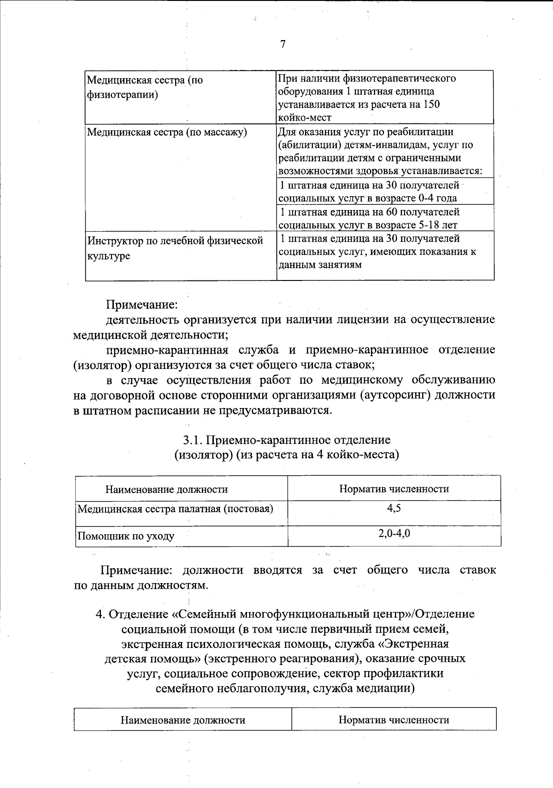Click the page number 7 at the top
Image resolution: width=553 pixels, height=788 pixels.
click(x=282, y=44)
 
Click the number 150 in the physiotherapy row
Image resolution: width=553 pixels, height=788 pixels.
click(x=431, y=104)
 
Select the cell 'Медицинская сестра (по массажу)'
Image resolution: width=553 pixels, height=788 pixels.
click(x=167, y=133)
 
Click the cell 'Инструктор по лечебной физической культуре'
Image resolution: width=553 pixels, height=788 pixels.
click(x=175, y=248)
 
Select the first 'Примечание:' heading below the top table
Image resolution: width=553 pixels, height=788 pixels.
click(x=142, y=304)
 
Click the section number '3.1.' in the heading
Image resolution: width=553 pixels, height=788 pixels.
click(x=193, y=440)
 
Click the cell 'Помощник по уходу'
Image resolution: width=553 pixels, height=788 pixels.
click(x=126, y=536)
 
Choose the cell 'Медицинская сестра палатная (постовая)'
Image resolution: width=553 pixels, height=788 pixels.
click(x=175, y=509)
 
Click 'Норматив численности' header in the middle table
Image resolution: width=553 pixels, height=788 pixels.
click(x=394, y=489)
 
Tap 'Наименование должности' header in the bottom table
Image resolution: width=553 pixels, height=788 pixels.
click(x=182, y=720)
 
